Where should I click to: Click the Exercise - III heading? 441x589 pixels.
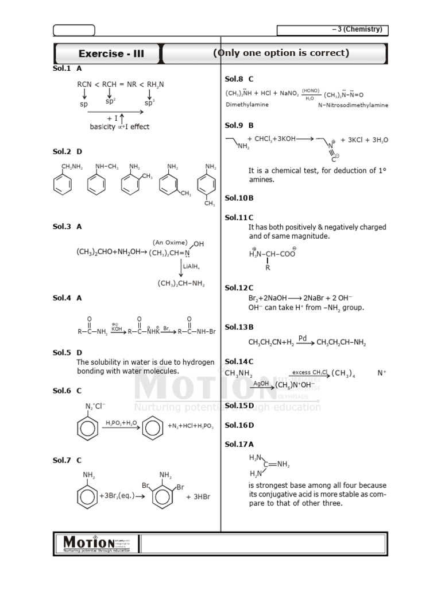(111, 54)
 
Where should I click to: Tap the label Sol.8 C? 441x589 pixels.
(239, 79)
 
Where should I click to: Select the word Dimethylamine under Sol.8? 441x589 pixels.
(246, 105)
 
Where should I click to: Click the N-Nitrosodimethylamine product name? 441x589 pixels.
(353, 105)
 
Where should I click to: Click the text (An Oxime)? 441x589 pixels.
(171, 242)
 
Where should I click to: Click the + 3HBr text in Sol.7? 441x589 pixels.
(198, 497)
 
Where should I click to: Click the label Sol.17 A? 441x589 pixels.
(239, 444)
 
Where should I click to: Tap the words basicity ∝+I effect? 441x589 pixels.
(119, 127)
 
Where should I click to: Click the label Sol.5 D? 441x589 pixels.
(67, 352)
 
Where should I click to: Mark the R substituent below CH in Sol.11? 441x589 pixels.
(267, 267)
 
